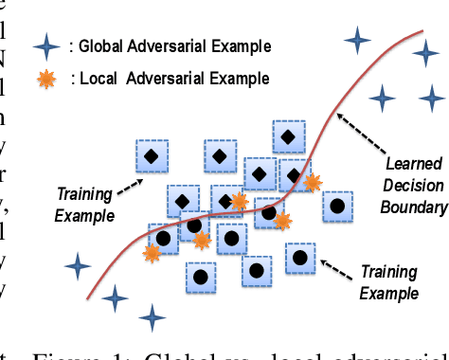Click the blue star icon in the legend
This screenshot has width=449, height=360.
[44, 45]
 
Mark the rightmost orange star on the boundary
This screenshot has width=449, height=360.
[312, 182]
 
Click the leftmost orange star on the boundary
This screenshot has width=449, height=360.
[152, 252]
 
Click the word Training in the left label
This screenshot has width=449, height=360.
[84, 195]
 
